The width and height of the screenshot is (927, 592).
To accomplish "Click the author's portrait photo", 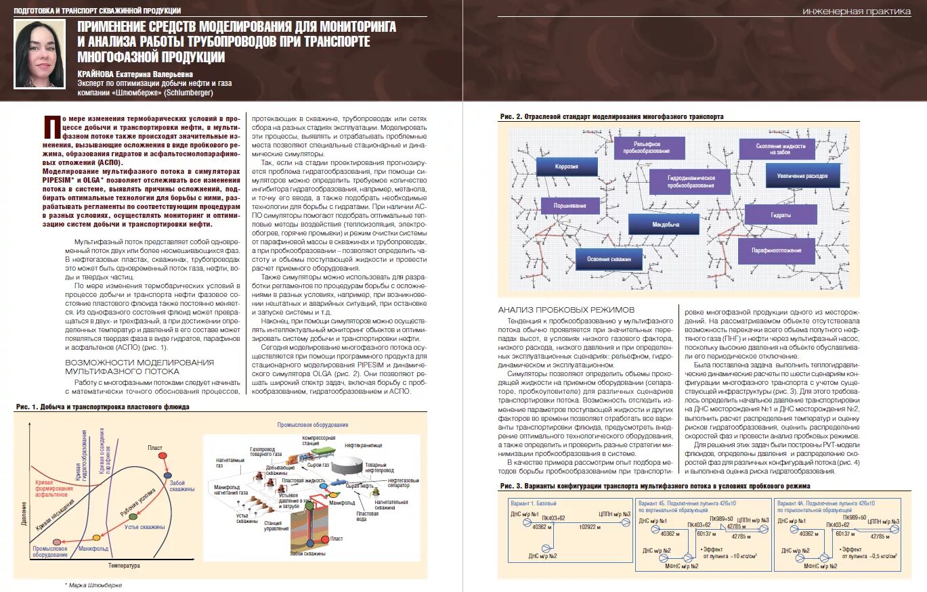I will point(39,53).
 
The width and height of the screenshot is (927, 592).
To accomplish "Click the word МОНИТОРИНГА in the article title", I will point(352,26).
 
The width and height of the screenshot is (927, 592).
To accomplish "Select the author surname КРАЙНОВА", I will point(101,74).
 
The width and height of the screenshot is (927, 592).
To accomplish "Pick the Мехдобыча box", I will point(663,224).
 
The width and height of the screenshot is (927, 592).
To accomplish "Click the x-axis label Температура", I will point(124,565).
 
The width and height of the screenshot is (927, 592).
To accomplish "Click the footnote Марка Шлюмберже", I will point(95,585).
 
